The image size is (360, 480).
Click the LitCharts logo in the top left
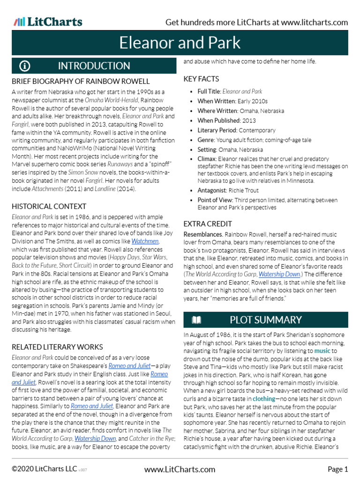pyautogui.click(x=48, y=22)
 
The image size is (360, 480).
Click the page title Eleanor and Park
pyautogui.click(x=180, y=43)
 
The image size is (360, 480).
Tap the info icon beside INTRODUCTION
pyautogui.click(x=25, y=66)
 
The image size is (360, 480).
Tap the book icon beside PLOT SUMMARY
pyautogui.click(x=196, y=320)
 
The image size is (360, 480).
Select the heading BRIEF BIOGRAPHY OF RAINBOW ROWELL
pyautogui.click(x=81, y=81)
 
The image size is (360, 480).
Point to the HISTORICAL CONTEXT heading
pyautogui.click(x=49, y=206)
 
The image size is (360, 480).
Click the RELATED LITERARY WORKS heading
pyautogui.click(x=57, y=347)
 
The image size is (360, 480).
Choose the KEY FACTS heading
pyautogui.click(x=201, y=79)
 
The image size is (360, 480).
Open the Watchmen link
pyautogui.click(x=145, y=241)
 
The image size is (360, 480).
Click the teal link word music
pyautogui.click(x=322, y=351)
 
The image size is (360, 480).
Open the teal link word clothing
pyautogui.click(x=264, y=398)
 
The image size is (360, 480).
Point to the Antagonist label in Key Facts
pyautogui.click(x=212, y=190)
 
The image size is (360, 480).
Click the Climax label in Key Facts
pyautogui.click(x=207, y=159)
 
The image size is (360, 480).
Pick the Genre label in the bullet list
pyautogui.click(x=206, y=140)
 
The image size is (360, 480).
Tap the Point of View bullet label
pyautogui.click(x=215, y=200)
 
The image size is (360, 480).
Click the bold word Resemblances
pyautogui.click(x=202, y=234)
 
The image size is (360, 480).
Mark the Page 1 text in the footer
pyautogui.click(x=337, y=469)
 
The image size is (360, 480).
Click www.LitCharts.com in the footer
pyautogui.click(x=180, y=469)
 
